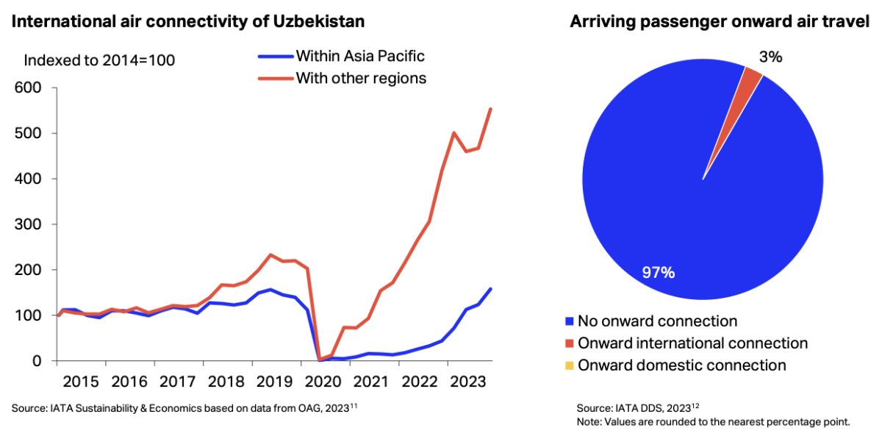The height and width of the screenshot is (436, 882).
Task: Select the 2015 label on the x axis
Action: [81, 382]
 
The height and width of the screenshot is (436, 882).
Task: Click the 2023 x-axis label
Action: [468, 382]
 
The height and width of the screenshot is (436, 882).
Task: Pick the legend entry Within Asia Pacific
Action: [359, 56]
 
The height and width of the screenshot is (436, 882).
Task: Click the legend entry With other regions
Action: [360, 78]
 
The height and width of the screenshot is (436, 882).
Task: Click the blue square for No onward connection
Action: [569, 321]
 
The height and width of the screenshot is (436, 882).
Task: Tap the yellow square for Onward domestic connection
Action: [569, 365]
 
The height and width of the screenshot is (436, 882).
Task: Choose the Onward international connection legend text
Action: [692, 343]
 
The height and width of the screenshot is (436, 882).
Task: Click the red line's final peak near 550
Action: [491, 109]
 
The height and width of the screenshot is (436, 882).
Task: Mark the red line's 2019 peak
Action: [270, 255]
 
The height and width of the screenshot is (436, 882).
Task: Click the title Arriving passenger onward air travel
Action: [720, 22]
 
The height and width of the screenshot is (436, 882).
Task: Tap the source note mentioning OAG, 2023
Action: [187, 407]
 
